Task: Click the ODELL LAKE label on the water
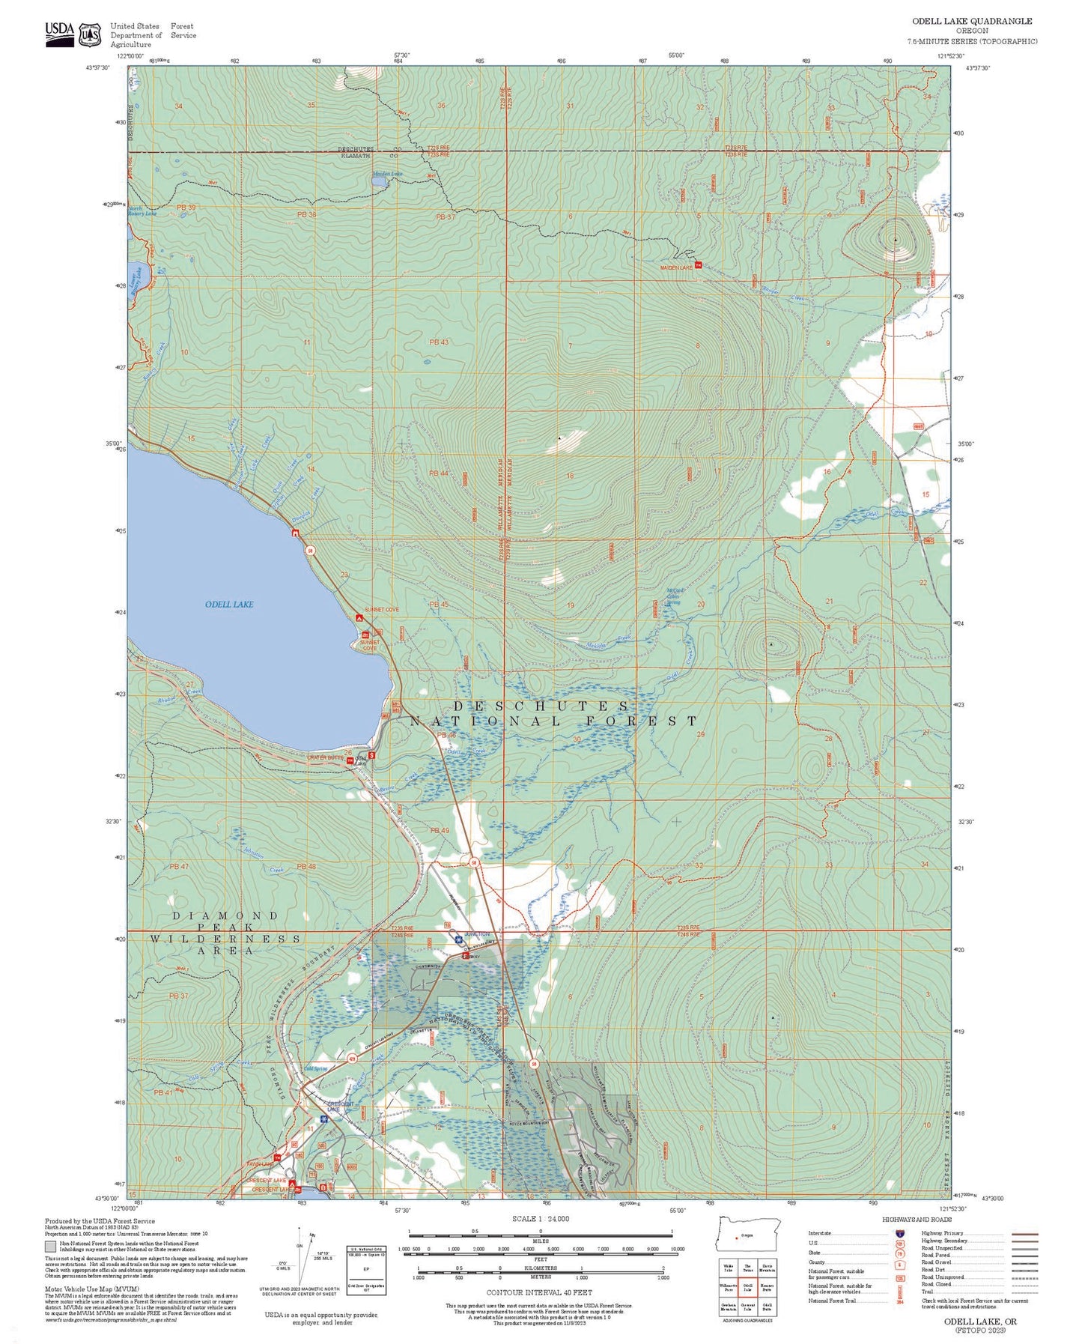229,605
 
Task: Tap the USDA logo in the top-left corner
60,34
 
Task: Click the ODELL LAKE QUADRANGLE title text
972,21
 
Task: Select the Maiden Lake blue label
387,174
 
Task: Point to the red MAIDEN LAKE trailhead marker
698,265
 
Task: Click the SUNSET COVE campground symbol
359,618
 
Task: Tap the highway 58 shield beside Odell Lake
309,551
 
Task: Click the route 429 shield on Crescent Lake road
352,1058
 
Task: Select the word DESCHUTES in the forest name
541,706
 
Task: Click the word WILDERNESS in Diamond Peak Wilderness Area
225,939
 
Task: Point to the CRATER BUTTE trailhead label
325,758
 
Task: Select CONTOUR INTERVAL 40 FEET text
539,1292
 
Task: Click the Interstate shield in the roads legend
898,1233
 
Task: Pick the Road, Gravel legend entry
937,1262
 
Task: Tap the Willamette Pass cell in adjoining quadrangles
728,1288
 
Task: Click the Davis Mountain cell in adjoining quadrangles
768,1267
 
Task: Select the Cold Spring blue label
315,1069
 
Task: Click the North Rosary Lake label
142,211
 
